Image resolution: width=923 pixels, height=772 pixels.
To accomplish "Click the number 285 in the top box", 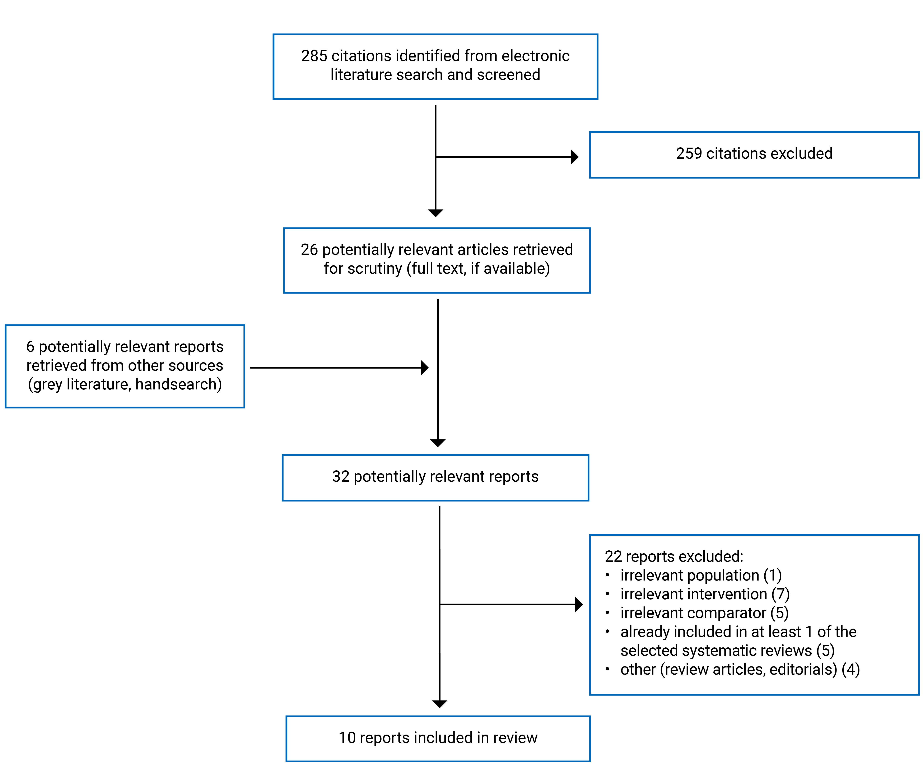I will [x=314, y=56].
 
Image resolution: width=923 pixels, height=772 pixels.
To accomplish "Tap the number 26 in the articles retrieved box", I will [x=309, y=250].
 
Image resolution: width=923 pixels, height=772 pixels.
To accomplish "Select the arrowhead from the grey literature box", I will [x=425, y=367].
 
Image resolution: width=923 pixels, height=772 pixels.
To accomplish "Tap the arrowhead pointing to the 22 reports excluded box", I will [x=579, y=605].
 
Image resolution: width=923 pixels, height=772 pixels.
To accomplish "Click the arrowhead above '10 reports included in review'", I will [x=439, y=704].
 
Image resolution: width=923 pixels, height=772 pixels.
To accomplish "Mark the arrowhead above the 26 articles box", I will [x=435, y=213].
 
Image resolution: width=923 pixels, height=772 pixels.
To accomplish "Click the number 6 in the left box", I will [x=30, y=347].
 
